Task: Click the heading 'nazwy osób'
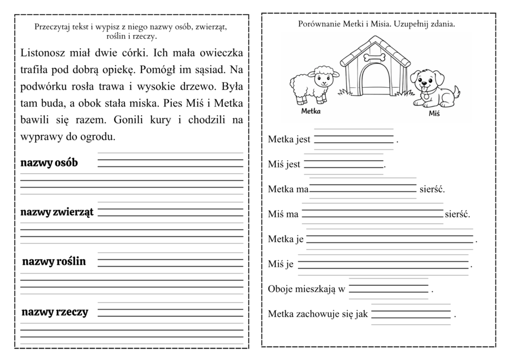(x=49, y=163)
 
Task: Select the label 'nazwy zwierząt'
(x=57, y=212)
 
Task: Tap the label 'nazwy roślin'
(x=54, y=262)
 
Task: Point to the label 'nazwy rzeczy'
(x=55, y=312)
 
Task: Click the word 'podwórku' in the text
(x=42, y=87)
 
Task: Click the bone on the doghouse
(x=374, y=57)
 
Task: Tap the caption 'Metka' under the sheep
(x=310, y=112)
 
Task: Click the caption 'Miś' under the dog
(x=434, y=114)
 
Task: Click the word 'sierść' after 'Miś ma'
(x=457, y=215)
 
